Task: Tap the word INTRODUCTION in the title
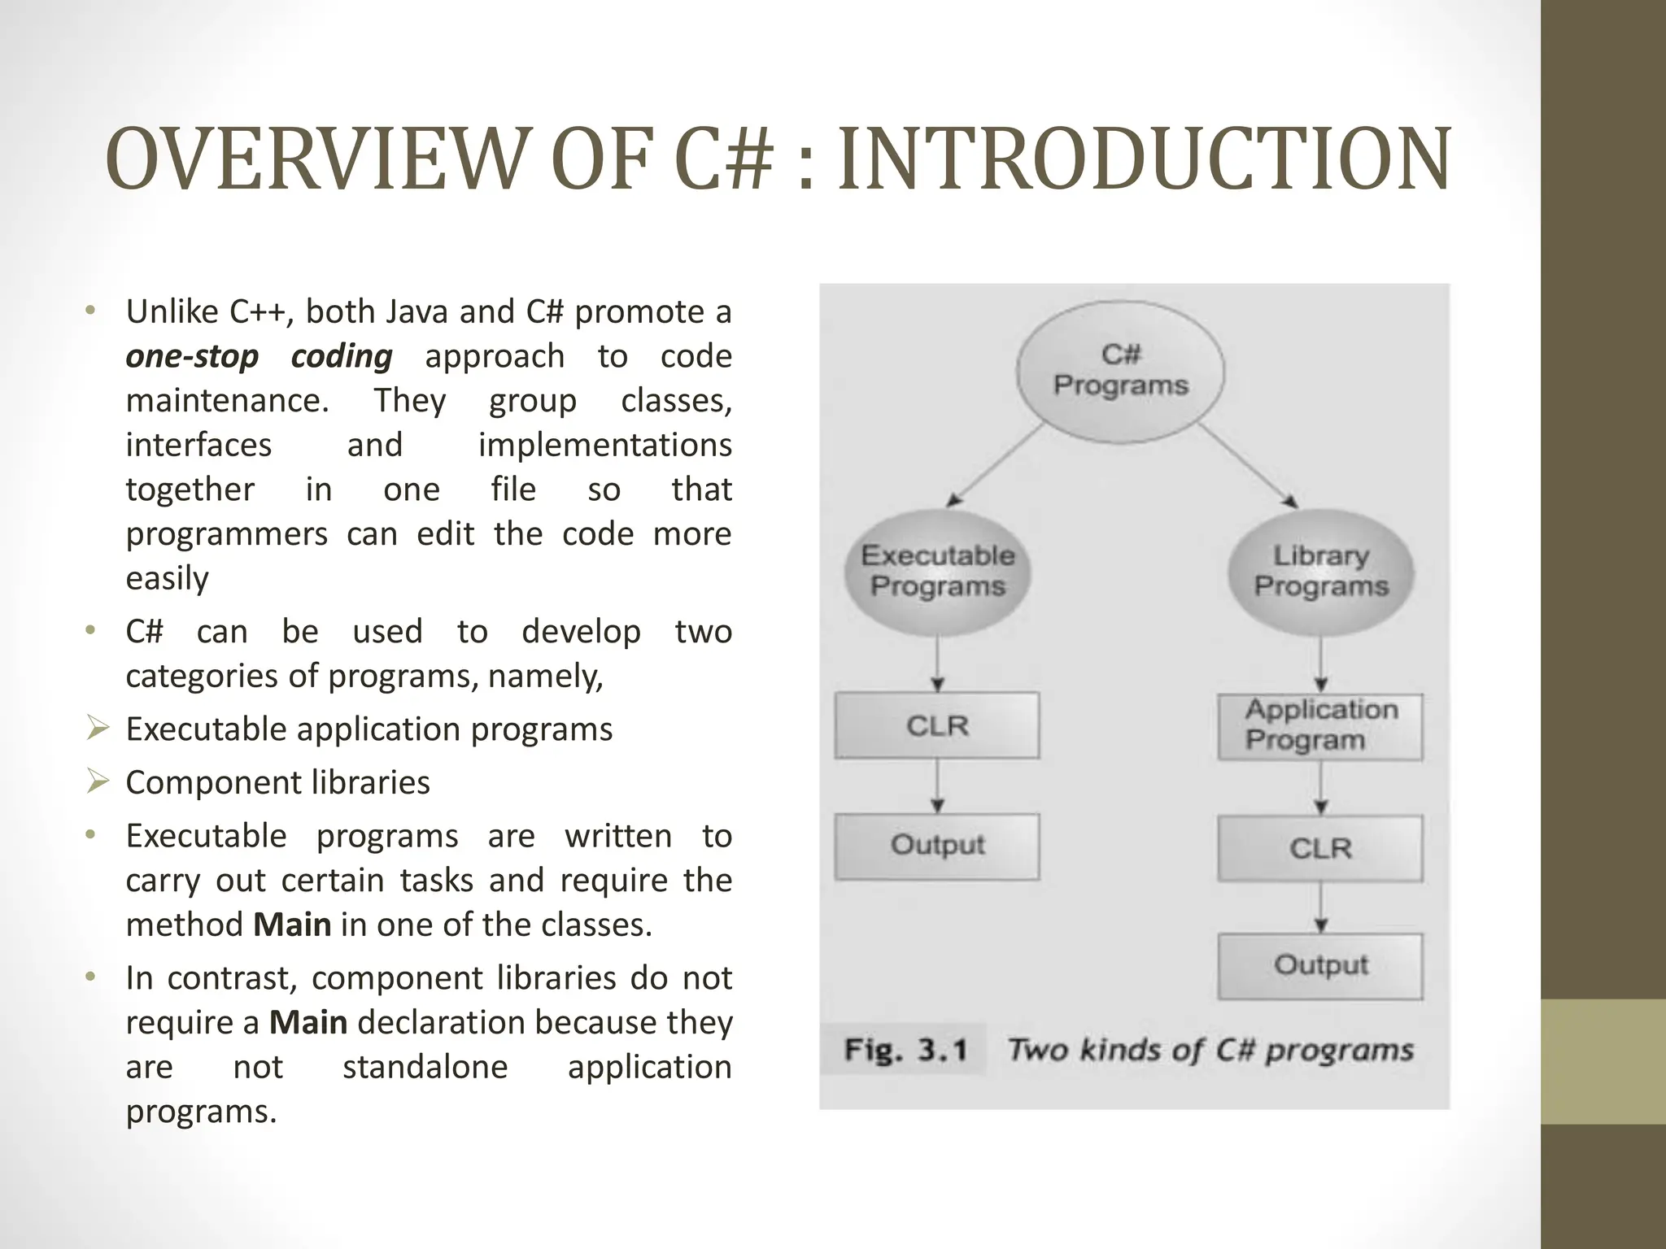coord(1143,159)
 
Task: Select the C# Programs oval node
coord(1120,371)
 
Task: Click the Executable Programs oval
coord(937,571)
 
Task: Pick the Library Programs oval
coord(1320,571)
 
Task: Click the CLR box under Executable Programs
coord(937,725)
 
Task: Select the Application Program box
coord(1320,726)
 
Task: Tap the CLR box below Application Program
coord(1320,848)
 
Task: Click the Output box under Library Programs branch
coord(1320,965)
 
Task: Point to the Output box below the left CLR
coord(937,846)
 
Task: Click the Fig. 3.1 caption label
coord(905,1050)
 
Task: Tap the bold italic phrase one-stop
coord(192,357)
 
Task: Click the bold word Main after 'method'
coord(292,925)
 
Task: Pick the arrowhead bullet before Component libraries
coord(98,782)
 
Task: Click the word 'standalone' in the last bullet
coord(425,1067)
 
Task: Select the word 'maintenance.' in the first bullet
coord(227,401)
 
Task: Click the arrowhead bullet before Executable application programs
coord(98,729)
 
